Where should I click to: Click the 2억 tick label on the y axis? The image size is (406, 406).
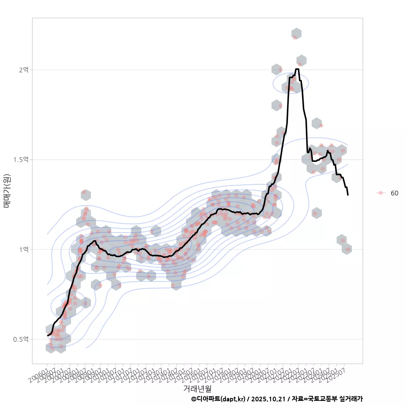(23, 70)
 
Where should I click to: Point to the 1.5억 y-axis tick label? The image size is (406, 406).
(21, 159)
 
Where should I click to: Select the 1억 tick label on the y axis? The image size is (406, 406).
(23, 250)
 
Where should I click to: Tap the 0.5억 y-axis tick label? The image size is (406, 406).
(21, 339)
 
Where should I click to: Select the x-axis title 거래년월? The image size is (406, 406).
(197, 388)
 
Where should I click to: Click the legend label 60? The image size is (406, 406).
(394, 193)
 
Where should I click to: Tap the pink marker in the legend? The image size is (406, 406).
(381, 193)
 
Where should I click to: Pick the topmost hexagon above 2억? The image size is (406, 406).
(296, 34)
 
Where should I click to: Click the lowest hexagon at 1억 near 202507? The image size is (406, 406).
(347, 249)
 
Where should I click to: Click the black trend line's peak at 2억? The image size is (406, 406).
(297, 69)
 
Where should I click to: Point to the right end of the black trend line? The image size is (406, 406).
(348, 195)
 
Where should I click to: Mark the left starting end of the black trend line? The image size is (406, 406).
(48, 335)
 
